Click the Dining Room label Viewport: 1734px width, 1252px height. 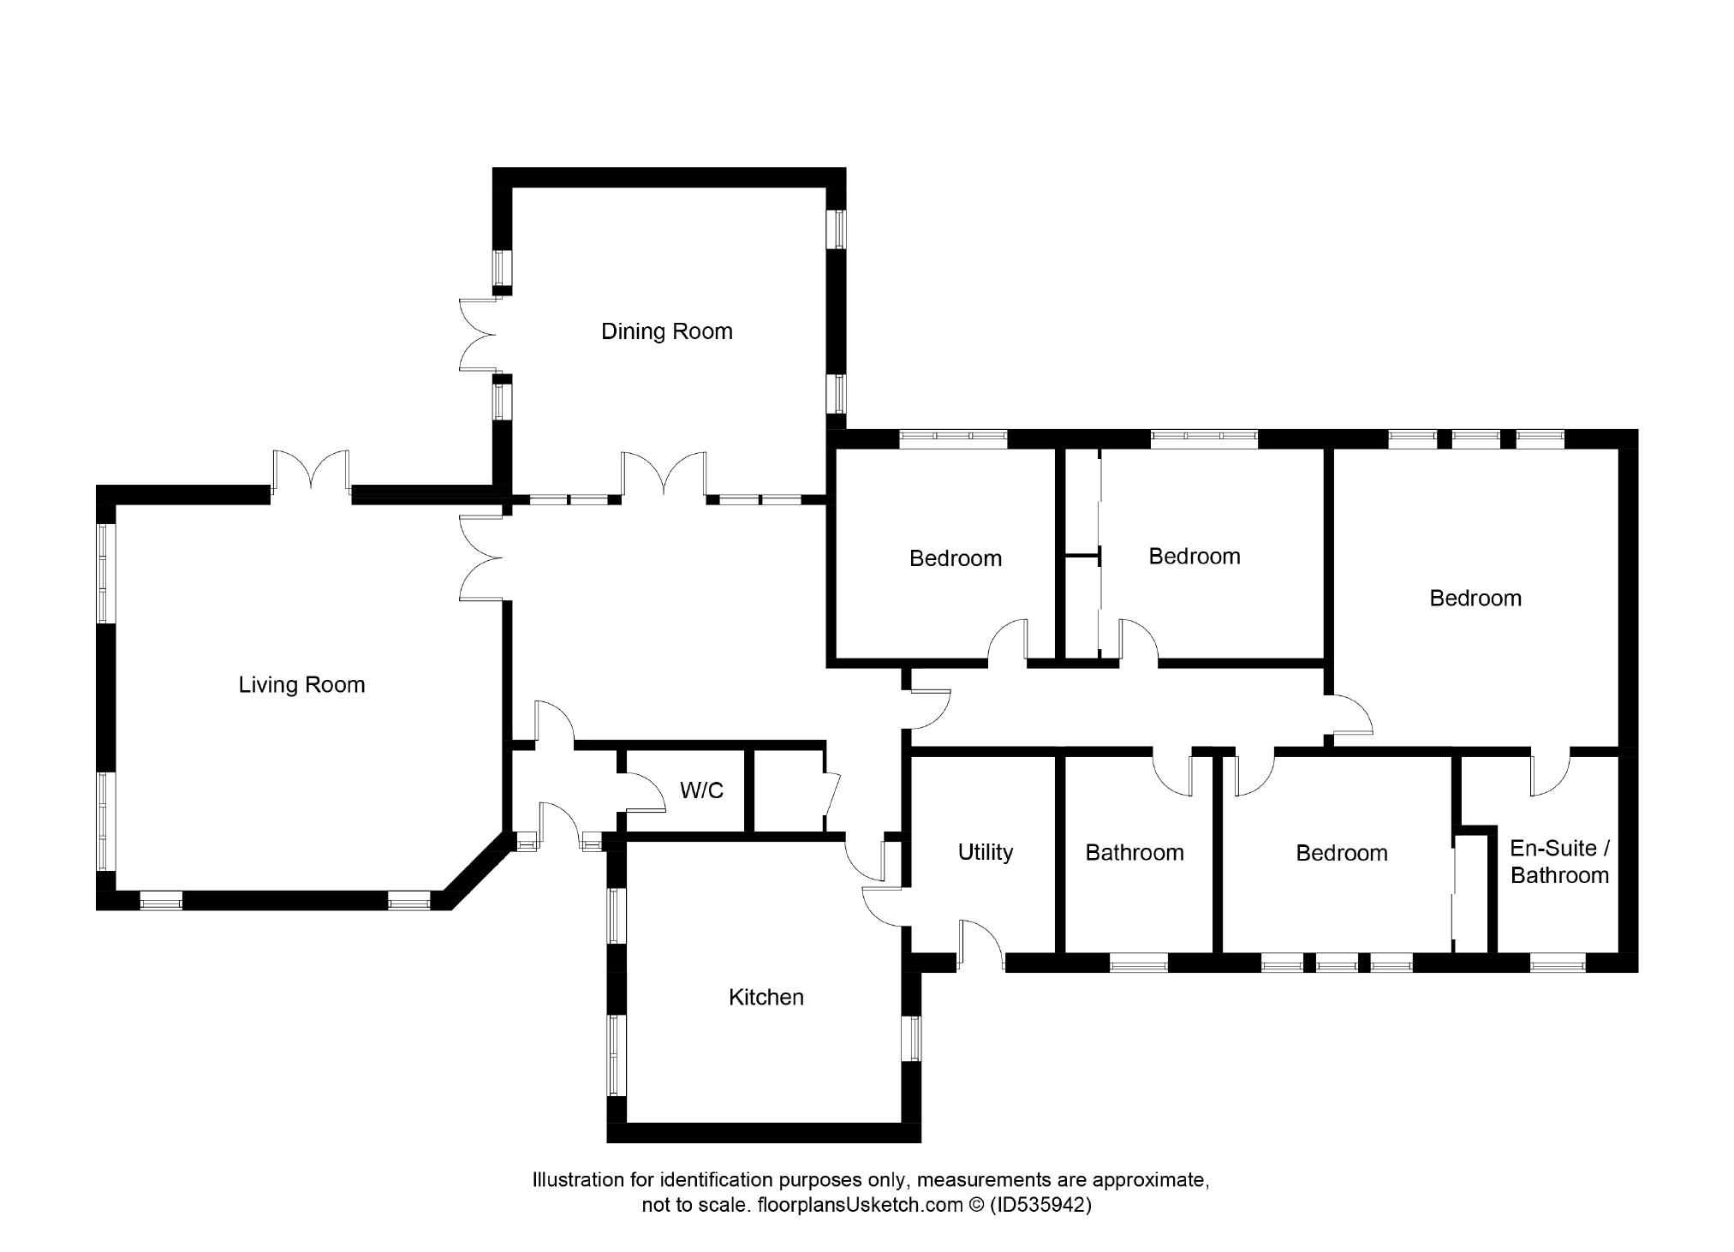666,331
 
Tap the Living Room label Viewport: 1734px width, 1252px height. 301,685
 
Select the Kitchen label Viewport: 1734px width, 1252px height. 766,997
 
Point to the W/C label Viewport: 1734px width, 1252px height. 701,790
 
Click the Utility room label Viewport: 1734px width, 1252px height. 985,852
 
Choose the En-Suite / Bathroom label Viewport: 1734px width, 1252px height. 1559,861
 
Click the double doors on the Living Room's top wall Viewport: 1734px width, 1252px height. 311,471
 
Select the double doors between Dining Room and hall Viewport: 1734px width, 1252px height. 664,474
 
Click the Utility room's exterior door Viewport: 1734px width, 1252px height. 981,945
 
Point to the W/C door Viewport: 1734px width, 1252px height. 641,790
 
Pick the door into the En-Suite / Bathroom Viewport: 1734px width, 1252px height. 1550,772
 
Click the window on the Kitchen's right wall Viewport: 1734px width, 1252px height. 912,1039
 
